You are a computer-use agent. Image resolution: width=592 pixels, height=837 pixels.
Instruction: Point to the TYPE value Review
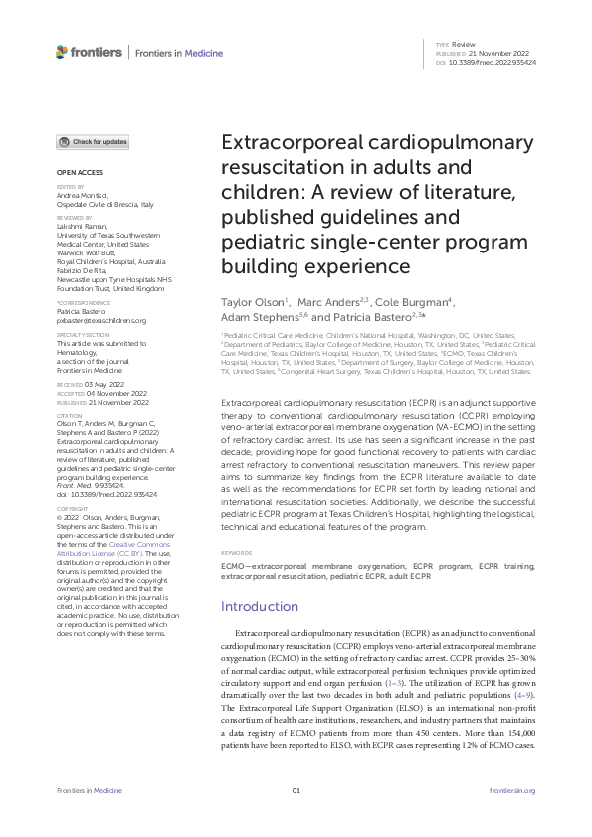465,45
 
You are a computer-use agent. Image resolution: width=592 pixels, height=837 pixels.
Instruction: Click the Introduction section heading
259,606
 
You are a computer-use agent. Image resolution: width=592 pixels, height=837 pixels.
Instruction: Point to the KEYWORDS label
235,551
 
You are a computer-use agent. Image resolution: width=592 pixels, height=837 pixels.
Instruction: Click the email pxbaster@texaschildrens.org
101,321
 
